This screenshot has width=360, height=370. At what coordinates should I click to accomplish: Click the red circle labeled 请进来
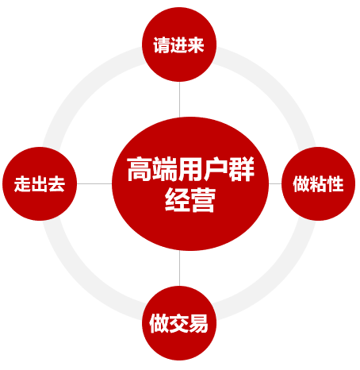coord(179,44)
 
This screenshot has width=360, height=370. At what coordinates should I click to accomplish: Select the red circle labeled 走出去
coord(40,183)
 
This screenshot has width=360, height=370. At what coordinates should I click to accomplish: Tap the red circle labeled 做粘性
coord(318,183)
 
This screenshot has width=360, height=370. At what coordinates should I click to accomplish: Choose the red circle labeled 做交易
coord(179,323)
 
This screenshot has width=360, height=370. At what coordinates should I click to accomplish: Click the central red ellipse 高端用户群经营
coord(190,183)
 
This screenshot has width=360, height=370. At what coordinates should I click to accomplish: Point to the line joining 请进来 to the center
coord(179,99)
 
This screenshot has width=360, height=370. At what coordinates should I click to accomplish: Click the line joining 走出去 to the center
coord(94,183)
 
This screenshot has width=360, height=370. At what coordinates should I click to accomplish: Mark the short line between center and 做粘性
coord(275,183)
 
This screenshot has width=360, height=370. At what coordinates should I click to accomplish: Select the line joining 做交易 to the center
coord(179,268)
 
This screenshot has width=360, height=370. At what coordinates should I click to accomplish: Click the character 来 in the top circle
coord(196,45)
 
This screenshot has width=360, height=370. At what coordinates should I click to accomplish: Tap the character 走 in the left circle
coord(22,184)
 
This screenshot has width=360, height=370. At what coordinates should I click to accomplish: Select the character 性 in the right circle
coord(335,183)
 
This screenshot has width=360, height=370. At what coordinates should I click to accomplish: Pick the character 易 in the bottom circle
coord(198,323)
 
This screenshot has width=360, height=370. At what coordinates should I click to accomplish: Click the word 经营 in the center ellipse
coord(190,199)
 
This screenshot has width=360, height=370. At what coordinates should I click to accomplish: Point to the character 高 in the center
coord(140,169)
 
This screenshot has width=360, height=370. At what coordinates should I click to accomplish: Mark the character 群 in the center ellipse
coord(242,169)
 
